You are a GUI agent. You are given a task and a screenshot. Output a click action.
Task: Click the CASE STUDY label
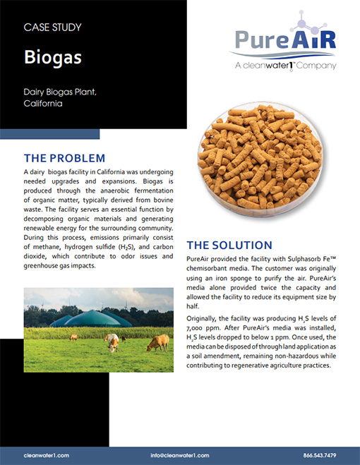point(52,28)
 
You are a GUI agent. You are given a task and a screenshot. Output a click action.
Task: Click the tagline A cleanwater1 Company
point(284,66)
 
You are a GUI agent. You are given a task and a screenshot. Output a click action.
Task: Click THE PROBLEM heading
point(64,157)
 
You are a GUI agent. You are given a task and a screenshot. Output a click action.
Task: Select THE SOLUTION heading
point(229,246)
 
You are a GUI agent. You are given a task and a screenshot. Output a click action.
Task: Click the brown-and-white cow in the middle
point(112,343)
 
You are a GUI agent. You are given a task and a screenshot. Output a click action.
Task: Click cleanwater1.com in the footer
point(46,455)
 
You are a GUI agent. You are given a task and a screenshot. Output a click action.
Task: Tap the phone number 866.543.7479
point(318,455)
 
